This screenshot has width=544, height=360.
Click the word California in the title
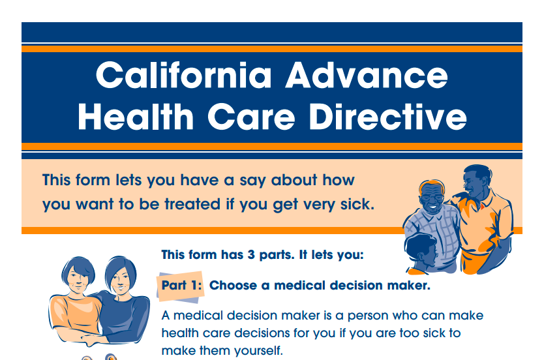click(183, 75)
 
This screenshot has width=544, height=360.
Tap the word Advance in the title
click(367, 75)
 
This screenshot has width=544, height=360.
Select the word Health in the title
click(136, 117)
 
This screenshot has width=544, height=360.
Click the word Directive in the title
click(388, 117)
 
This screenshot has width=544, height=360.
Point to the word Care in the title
click(251, 117)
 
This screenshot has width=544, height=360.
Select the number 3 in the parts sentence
click(251, 255)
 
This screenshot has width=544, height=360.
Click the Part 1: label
click(181, 286)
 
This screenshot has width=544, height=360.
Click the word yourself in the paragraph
click(258, 351)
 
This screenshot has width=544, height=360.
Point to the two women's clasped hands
click(91, 339)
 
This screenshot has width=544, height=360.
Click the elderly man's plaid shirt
click(434, 236)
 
